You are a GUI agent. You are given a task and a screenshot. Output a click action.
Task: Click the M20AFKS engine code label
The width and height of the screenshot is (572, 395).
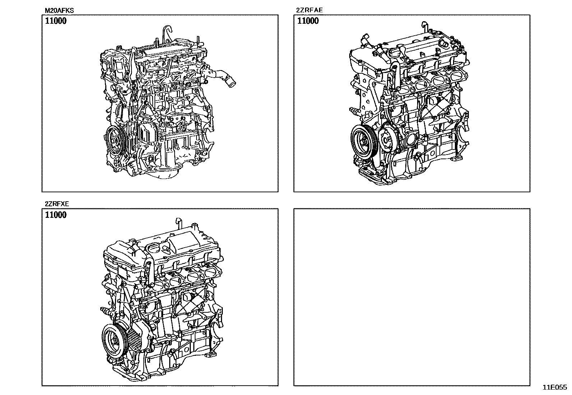[59, 10]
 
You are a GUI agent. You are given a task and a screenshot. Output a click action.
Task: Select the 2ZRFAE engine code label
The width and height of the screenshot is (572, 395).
[309, 10]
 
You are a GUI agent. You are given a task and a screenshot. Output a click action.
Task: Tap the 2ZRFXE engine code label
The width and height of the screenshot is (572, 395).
[57, 204]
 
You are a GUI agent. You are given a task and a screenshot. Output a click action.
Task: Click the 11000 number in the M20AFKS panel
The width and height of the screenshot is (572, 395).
[56, 21]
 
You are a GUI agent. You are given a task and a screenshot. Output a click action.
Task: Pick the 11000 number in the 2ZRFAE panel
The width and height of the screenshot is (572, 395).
[308, 21]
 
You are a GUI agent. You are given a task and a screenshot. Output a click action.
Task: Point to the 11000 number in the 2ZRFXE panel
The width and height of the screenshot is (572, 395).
[56, 215]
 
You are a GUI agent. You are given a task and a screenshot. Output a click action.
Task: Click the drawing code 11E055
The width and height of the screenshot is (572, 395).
[555, 387]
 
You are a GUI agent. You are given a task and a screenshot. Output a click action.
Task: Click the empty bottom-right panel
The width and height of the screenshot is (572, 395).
[412, 297]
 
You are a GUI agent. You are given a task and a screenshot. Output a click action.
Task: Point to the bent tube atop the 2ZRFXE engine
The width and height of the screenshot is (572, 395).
[178, 224]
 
